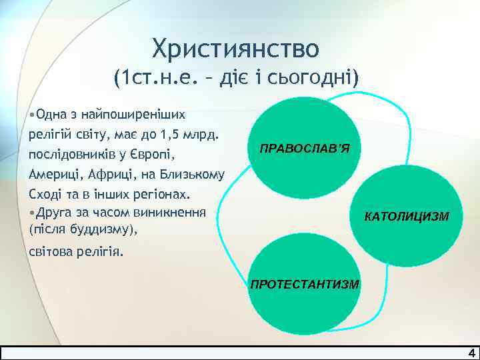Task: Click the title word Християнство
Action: tap(236, 49)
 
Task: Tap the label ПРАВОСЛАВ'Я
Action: tap(304, 148)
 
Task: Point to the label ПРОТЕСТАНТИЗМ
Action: tap(304, 285)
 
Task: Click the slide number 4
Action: tap(471, 353)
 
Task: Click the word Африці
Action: tap(111, 175)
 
